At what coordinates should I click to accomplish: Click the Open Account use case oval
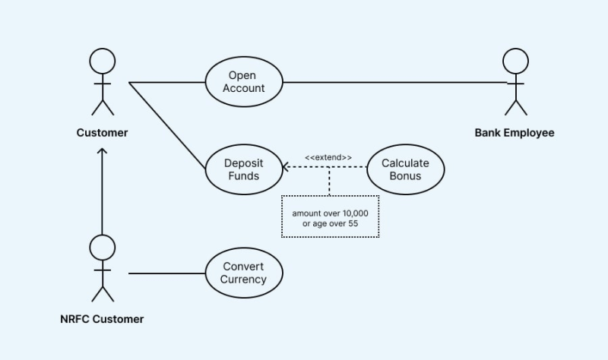click(x=244, y=82)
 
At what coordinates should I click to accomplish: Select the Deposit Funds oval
click(x=244, y=169)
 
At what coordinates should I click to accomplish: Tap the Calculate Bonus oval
click(x=404, y=169)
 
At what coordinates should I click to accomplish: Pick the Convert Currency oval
click(x=244, y=273)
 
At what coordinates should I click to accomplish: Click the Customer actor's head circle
click(x=102, y=61)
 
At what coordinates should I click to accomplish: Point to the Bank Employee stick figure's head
click(x=515, y=61)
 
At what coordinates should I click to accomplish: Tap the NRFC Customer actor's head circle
click(x=102, y=247)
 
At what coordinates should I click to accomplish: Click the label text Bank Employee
click(x=515, y=133)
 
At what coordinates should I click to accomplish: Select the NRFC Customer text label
click(x=102, y=319)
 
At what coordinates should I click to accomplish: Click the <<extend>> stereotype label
click(x=328, y=157)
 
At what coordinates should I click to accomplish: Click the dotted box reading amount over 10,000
click(x=330, y=217)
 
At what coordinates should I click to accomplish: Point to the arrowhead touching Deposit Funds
click(x=286, y=168)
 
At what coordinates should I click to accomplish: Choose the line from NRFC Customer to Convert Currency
click(x=167, y=273)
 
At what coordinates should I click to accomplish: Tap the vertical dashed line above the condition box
click(x=330, y=182)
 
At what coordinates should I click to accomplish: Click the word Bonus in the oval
click(x=404, y=176)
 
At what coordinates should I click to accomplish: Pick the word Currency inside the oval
click(x=244, y=279)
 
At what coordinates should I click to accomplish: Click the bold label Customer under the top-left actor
click(x=102, y=133)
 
